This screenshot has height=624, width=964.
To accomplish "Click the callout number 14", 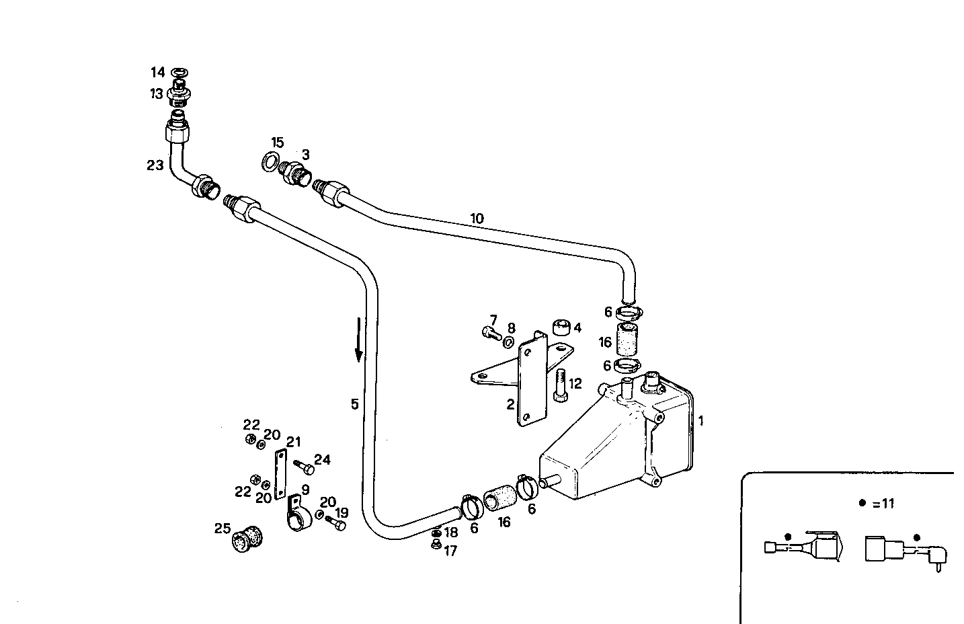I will (157, 72).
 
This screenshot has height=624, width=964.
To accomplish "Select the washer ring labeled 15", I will (270, 161).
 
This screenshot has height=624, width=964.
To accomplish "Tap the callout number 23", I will (155, 165).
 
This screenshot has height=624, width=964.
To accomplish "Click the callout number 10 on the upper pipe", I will (477, 219).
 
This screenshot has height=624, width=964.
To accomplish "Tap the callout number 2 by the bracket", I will (510, 404).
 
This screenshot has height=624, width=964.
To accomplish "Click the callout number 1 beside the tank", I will (700, 421).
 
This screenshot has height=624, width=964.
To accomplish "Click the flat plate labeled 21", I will (280, 473).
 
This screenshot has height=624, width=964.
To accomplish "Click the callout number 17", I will (450, 551).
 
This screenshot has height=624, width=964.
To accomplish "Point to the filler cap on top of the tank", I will (652, 381).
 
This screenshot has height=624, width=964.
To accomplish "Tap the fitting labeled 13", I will (178, 94).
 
